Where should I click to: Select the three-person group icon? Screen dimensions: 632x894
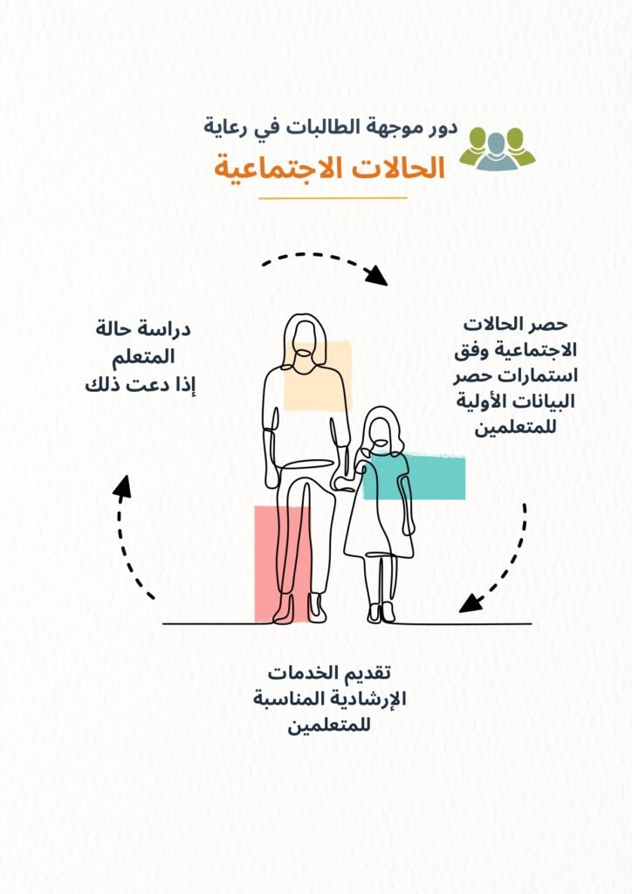(497, 148)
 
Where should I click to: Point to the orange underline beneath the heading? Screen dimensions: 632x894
(333, 198)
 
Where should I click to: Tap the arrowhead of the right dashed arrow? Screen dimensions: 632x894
(471, 602)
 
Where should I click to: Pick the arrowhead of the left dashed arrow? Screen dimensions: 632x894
(122, 486)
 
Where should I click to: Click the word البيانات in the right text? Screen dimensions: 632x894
(546, 402)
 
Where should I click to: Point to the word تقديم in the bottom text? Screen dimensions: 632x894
(367, 673)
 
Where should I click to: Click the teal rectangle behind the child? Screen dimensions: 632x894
(414, 477)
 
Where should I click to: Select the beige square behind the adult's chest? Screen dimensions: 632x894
(318, 375)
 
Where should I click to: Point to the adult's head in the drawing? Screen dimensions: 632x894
(305, 342)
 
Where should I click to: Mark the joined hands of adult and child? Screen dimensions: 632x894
(346, 481)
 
